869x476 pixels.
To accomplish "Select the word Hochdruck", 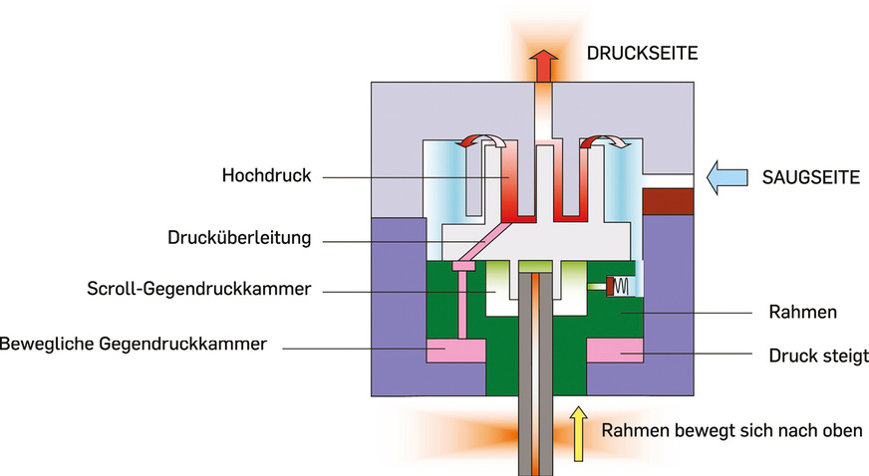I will click(x=267, y=176).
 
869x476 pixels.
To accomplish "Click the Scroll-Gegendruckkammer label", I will click(x=198, y=290).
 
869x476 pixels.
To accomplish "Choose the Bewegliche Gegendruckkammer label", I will click(x=134, y=345).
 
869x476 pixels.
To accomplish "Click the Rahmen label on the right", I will click(x=803, y=312).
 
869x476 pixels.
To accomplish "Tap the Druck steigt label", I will click(x=818, y=355).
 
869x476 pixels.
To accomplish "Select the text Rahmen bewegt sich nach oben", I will click(x=725, y=431).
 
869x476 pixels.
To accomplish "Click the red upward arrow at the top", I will click(x=542, y=70).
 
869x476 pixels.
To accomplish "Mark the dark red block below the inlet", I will click(x=669, y=201).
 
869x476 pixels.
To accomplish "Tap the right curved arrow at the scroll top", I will click(x=604, y=144).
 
